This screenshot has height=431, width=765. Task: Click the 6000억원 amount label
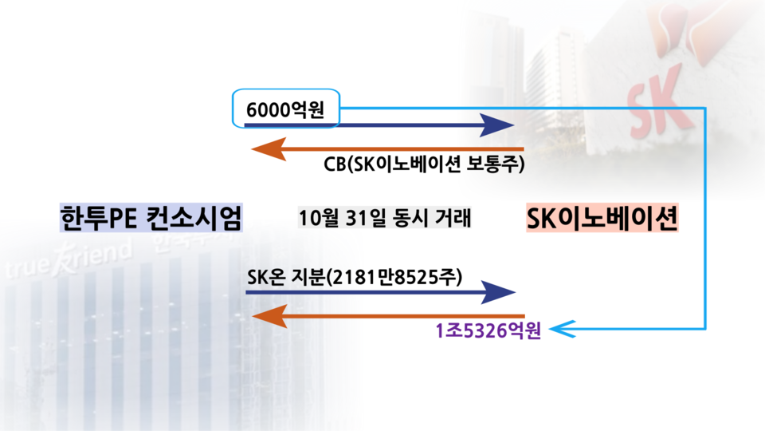(x=284, y=109)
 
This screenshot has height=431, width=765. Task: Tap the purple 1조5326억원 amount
(x=488, y=330)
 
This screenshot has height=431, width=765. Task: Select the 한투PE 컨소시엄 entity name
(x=151, y=218)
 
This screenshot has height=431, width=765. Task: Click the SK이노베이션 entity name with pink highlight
(x=602, y=218)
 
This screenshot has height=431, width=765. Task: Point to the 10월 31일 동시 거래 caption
(x=385, y=218)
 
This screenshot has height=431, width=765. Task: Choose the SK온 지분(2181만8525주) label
(x=355, y=277)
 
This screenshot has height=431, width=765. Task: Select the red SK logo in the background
(x=656, y=93)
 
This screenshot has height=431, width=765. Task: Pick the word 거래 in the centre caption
(x=453, y=218)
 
